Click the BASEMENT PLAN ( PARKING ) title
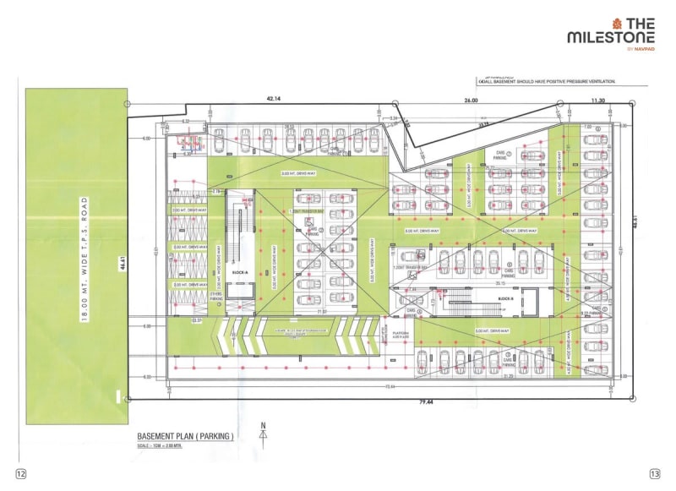click(185, 436)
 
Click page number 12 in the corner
click(20, 474)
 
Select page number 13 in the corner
click(654, 474)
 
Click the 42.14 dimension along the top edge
click(272, 100)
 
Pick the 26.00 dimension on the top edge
click(471, 100)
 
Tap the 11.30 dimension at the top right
click(598, 100)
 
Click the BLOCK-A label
click(239, 272)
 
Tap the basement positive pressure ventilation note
click(548, 81)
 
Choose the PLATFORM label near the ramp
click(401, 335)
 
